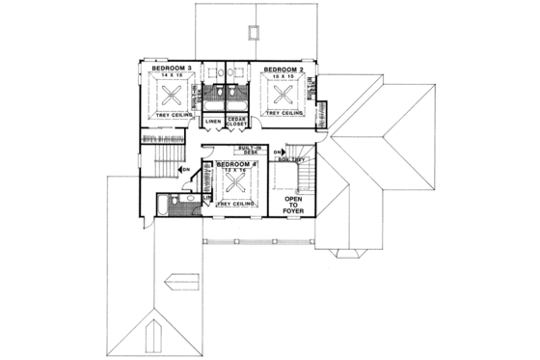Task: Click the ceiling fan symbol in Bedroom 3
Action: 171,96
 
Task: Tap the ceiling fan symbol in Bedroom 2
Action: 283,96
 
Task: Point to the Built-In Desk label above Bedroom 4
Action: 253,151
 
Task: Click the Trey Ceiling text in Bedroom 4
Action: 235,206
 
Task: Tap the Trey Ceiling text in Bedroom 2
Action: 286,115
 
